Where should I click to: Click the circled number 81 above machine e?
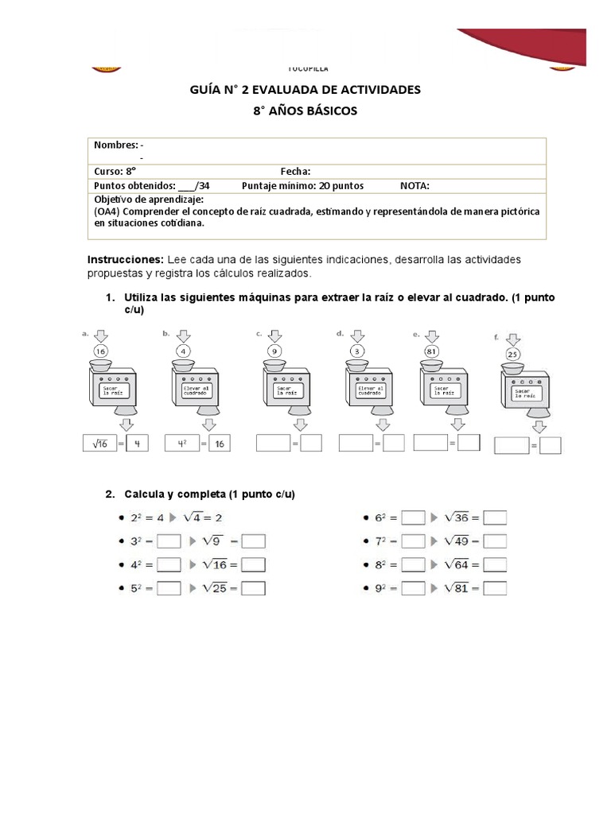click(433, 351)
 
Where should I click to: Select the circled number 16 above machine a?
click(101, 351)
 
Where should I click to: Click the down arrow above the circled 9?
click(274, 335)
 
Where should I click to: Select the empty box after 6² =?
click(413, 518)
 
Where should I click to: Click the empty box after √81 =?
click(495, 589)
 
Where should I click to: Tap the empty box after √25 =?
click(253, 589)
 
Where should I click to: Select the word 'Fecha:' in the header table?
click(295, 172)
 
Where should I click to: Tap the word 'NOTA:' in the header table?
click(414, 186)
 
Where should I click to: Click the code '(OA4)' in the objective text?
click(108, 211)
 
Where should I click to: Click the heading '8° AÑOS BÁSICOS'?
click(305, 111)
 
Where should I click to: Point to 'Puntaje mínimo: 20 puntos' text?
click(303, 186)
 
